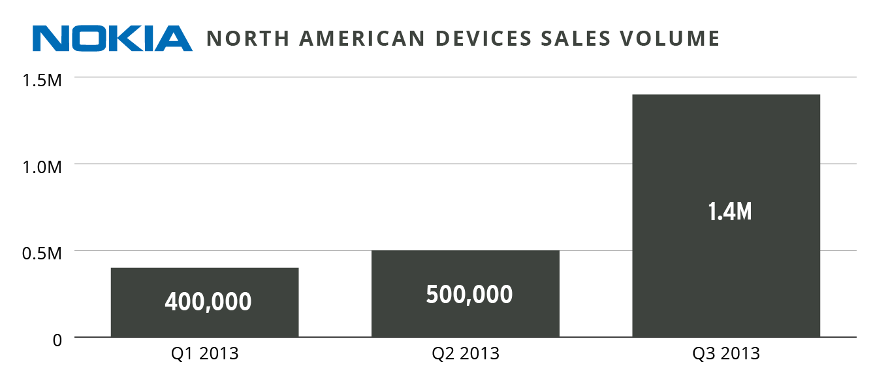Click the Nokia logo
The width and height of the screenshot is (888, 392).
pos(112,39)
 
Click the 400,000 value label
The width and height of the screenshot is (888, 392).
pos(208,302)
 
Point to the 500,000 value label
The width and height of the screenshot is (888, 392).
pos(469,295)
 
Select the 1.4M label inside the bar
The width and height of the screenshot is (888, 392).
pos(730,212)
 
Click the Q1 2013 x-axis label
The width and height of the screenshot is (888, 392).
pos(204,354)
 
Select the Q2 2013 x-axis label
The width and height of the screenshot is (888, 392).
pos(465,354)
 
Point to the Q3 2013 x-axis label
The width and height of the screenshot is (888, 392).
pos(726,354)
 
